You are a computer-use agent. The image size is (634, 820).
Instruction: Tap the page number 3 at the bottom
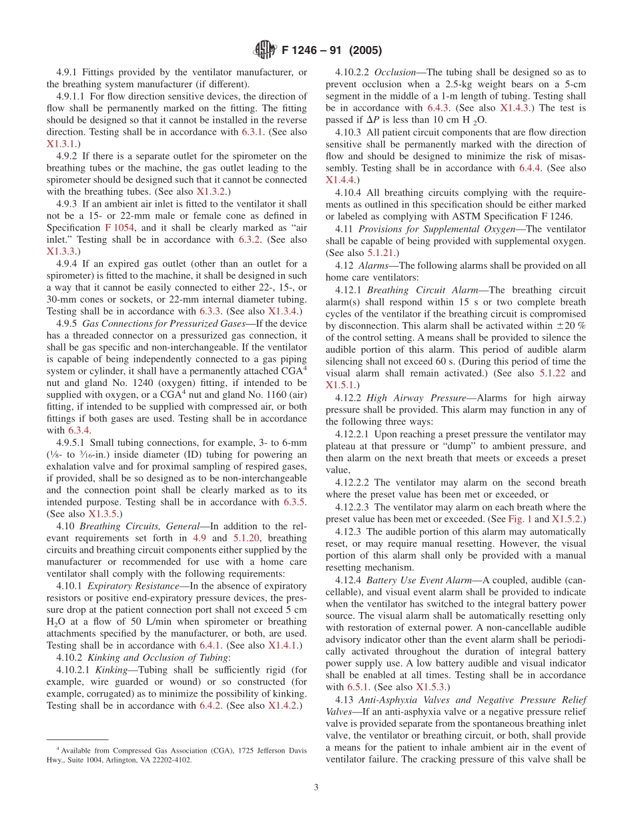click(x=316, y=787)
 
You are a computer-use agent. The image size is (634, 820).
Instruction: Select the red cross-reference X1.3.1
click(x=61, y=143)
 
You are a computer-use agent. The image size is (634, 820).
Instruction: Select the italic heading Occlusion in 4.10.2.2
click(x=396, y=71)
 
